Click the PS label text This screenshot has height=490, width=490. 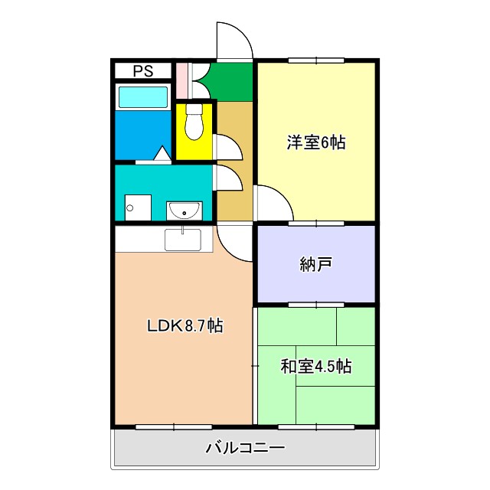click(142, 71)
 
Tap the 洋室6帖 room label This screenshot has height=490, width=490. click(316, 142)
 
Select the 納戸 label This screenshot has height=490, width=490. click(316, 265)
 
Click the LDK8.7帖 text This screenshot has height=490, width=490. click(185, 325)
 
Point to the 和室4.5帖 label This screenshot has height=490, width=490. click(315, 366)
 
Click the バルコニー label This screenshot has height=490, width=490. click(245, 448)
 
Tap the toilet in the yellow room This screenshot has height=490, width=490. click(194, 124)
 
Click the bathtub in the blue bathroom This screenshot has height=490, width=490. click(142, 97)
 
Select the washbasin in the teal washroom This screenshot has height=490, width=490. click(184, 209)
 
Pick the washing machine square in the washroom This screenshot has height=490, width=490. click(138, 207)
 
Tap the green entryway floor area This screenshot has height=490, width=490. click(231, 81)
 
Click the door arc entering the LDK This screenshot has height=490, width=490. click(235, 243)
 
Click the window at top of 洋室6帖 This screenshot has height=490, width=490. click(315, 60)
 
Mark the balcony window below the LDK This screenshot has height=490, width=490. click(163, 426)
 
